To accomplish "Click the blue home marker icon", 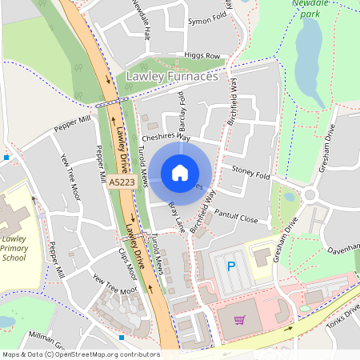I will [180, 173].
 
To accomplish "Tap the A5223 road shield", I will [121, 183].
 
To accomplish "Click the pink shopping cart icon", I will [239, 320].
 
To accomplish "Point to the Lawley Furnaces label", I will [172, 76].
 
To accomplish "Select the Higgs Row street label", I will [201, 56].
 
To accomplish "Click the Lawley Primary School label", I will [14, 248].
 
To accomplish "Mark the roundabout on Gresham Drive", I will [310, 194].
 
